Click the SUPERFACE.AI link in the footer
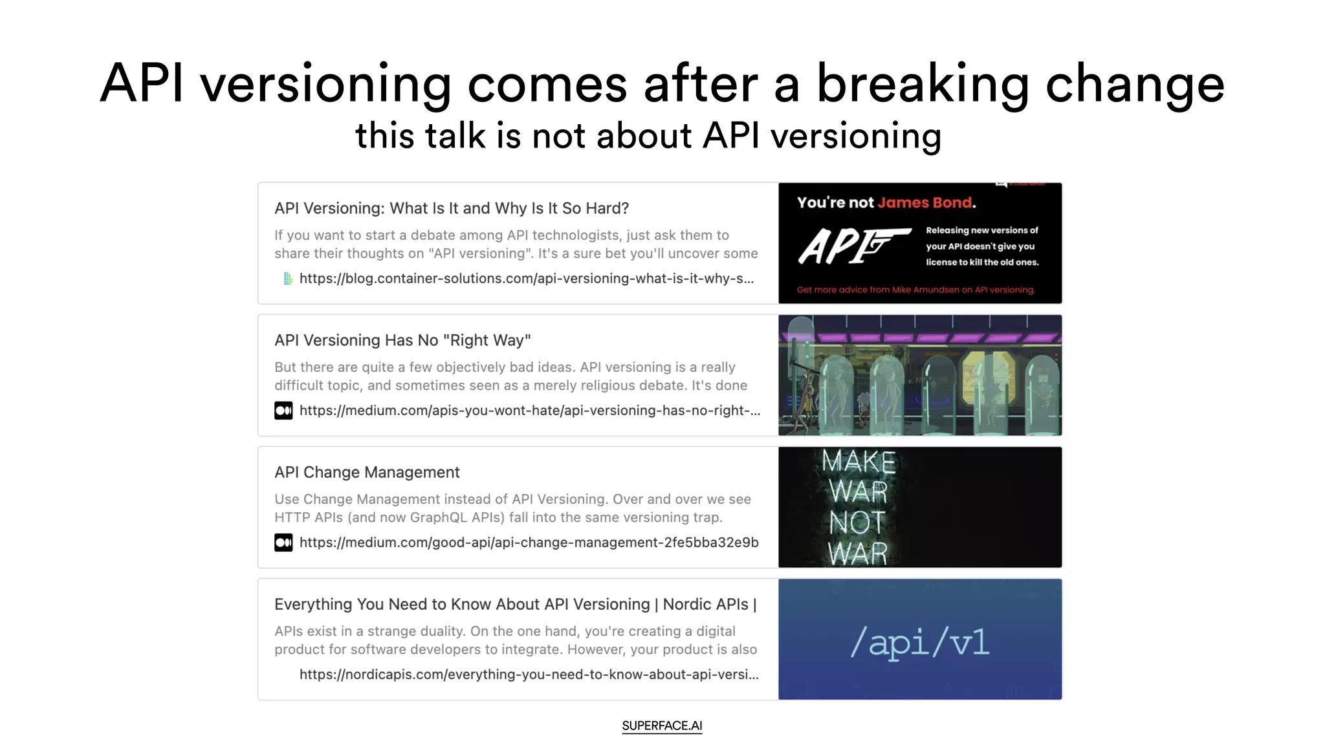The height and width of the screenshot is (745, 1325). click(662, 726)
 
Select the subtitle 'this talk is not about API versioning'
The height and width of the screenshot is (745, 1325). click(648, 136)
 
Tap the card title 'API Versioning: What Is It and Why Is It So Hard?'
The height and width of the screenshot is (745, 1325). click(452, 208)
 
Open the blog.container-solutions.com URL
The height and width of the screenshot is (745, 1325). click(526, 279)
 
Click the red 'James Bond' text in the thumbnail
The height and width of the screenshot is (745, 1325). click(925, 202)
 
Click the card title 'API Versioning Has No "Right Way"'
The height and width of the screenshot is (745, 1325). click(402, 340)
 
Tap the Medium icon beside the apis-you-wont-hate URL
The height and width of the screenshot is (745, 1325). click(283, 411)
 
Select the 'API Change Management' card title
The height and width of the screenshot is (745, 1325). click(367, 472)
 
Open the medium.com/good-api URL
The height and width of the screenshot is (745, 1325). click(529, 543)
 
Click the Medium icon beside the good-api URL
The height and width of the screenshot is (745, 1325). click(283, 543)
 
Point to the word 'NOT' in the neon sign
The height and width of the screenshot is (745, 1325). click(857, 523)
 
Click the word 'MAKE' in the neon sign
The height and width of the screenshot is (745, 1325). click(859, 462)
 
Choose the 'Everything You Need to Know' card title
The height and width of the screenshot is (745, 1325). click(515, 604)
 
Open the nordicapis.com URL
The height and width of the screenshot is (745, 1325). click(529, 675)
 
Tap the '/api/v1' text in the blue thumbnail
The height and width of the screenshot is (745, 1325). click(919, 642)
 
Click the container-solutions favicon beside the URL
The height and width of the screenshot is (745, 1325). click(288, 279)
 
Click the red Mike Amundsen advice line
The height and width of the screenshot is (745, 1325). click(915, 290)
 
